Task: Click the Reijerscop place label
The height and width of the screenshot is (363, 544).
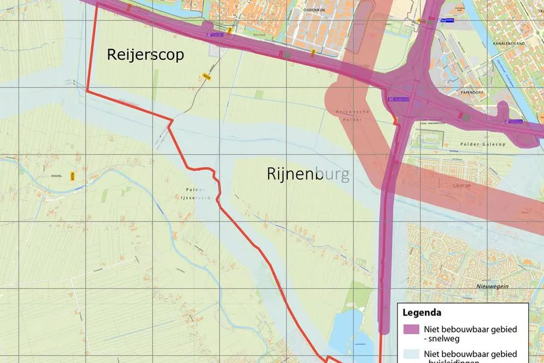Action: pos(145,55)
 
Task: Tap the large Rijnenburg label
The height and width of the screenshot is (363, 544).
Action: pos(308,174)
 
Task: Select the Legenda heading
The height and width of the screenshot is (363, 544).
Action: pos(422,312)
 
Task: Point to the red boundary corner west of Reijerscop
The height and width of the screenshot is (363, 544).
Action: pos(87,91)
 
